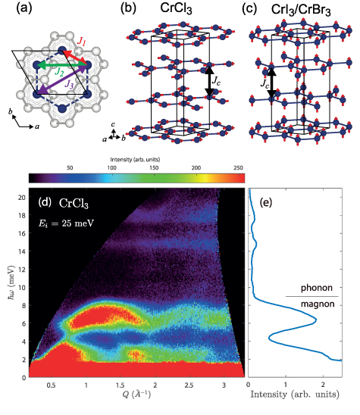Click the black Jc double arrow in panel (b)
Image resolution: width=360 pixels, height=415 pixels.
[x=211, y=80]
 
